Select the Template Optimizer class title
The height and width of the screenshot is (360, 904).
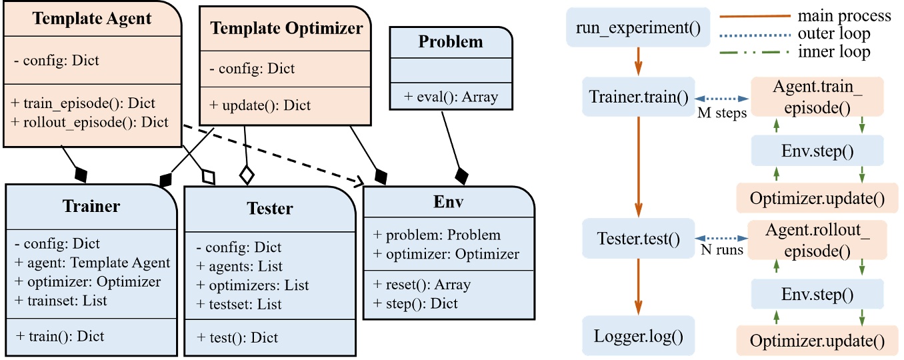[287, 28]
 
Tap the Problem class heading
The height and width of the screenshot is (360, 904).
[451, 41]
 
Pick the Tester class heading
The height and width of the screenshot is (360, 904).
[270, 208]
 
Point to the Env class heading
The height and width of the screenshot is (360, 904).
[448, 202]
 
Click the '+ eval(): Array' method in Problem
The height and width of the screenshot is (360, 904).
[451, 97]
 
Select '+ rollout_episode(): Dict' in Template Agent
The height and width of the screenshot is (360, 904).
[90, 122]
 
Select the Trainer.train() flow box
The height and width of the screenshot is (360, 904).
[638, 97]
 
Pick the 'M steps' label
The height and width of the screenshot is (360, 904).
[722, 113]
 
